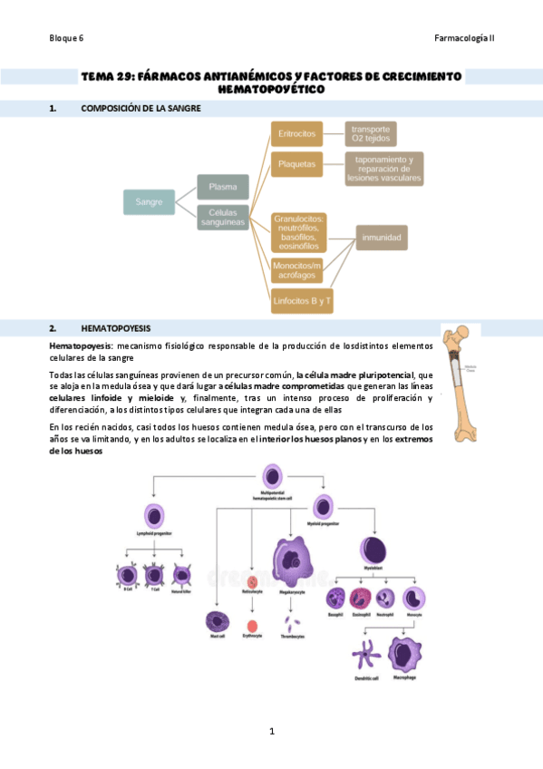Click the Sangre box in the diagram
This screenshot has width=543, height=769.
(149, 201)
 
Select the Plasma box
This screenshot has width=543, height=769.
(223, 187)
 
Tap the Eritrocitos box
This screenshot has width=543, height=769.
(297, 134)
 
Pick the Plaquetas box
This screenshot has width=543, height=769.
(297, 165)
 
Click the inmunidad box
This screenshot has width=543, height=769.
(382, 238)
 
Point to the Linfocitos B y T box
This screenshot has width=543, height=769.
(303, 299)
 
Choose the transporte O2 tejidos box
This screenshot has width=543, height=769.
(371, 134)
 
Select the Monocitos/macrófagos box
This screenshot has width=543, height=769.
(297, 268)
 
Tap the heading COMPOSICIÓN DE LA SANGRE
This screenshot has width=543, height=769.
(141, 109)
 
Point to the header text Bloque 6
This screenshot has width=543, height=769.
(66, 38)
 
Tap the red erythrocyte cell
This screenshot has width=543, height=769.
(252, 626)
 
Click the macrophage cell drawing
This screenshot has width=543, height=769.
(404, 655)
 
